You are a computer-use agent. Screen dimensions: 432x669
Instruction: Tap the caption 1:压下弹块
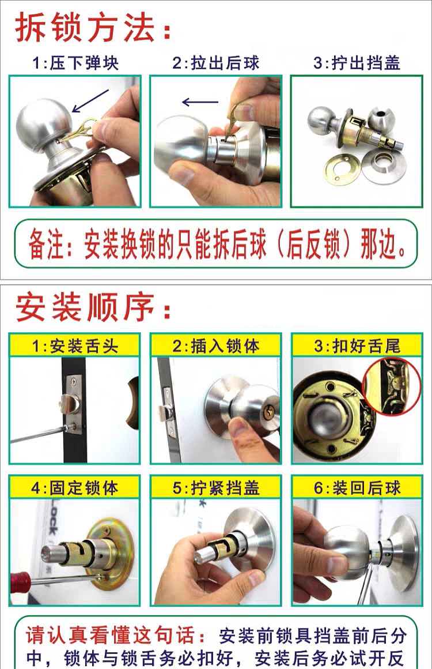click(x=75, y=63)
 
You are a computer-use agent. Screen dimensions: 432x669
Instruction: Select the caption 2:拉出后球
click(x=216, y=63)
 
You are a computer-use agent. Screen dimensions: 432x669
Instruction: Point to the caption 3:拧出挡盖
click(x=357, y=63)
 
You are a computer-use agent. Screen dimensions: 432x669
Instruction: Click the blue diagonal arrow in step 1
click(x=90, y=101)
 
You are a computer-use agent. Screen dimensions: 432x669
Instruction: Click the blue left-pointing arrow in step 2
click(x=200, y=102)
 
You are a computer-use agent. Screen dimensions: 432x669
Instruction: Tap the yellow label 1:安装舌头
click(x=74, y=345)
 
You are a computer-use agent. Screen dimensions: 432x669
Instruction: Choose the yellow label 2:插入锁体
click(x=216, y=345)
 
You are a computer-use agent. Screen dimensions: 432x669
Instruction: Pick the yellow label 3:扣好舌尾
click(x=357, y=345)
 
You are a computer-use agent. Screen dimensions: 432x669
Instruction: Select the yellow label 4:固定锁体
click(x=74, y=488)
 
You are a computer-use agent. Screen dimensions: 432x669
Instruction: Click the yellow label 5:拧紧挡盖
click(x=216, y=488)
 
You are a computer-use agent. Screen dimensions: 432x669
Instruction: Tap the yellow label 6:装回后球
click(x=357, y=488)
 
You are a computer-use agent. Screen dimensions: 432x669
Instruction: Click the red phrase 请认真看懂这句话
click(x=111, y=636)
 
